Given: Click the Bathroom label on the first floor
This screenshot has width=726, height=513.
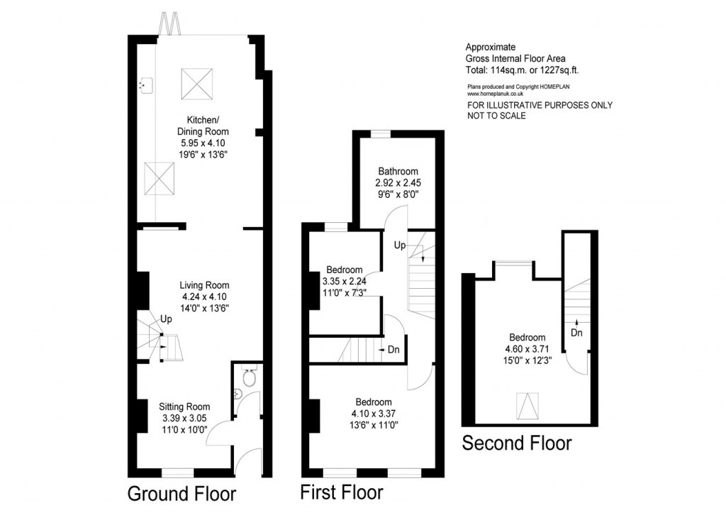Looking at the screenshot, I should [x=398, y=171].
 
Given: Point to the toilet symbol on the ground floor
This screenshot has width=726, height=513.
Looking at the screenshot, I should [x=248, y=372].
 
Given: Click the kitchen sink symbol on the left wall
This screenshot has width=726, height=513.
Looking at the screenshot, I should [x=145, y=85].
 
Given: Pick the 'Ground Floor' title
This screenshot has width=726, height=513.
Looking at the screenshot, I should [x=181, y=493].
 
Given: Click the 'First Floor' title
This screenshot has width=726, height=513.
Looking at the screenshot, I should [x=342, y=492].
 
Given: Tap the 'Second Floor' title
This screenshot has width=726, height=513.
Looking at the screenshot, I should [x=517, y=444].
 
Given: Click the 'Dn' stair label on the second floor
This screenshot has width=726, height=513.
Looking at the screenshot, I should [x=576, y=332].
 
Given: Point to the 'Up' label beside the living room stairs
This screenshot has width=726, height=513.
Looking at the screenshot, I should [x=168, y=319].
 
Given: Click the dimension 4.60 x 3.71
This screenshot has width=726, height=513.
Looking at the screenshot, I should [x=527, y=349].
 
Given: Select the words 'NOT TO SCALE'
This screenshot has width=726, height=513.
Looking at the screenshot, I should [x=497, y=116].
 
